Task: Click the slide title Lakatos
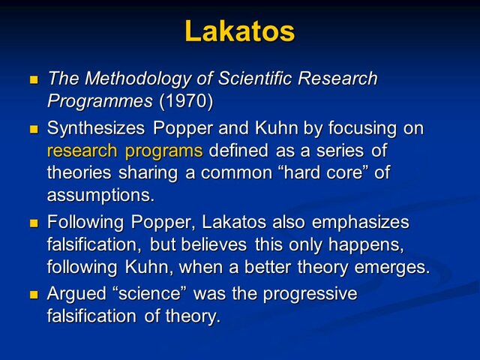pyautogui.click(x=239, y=31)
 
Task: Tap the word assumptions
pyautogui.click(x=100, y=195)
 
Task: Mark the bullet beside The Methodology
pyautogui.click(x=33, y=79)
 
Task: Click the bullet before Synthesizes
pyautogui.click(x=33, y=129)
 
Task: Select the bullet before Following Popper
pyautogui.click(x=33, y=223)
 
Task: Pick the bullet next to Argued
pyautogui.click(x=33, y=295)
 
